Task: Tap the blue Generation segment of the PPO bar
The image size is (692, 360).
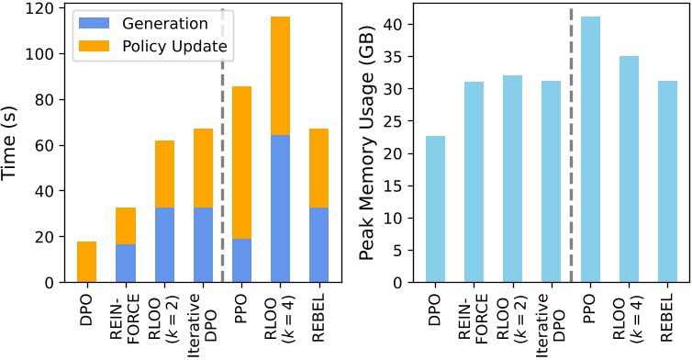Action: tap(242, 261)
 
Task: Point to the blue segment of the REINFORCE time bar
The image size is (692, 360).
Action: tap(126, 264)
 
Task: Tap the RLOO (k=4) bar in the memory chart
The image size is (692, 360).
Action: tap(629, 170)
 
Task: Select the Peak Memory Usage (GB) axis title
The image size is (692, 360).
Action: tap(367, 145)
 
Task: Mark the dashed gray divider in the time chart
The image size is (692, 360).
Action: tap(222, 138)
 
